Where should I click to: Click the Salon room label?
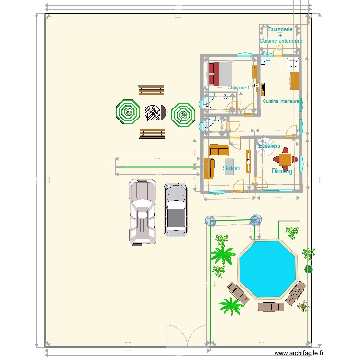[231, 168]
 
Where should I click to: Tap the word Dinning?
[282, 171]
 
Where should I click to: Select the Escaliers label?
[269, 146]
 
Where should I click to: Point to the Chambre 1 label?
[239, 88]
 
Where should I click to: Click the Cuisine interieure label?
[281, 101]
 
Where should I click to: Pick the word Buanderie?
[280, 29]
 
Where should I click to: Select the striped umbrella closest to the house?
[183, 114]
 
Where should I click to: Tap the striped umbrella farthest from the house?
[128, 112]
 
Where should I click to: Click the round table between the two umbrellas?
[154, 113]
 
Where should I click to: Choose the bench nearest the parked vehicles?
[152, 133]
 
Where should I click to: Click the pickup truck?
[143, 212]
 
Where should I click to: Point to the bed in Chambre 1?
[220, 74]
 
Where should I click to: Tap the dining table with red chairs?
[286, 159]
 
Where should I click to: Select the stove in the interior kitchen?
[292, 62]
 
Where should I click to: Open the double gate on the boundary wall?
[188, 336]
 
